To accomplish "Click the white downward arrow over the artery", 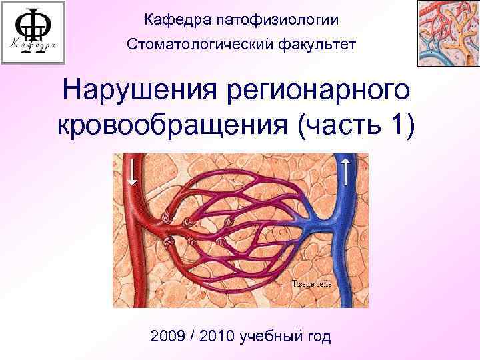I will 133,171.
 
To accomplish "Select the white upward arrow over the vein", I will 347,171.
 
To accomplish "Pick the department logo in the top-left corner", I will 33,33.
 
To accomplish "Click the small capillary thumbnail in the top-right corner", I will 448,33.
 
